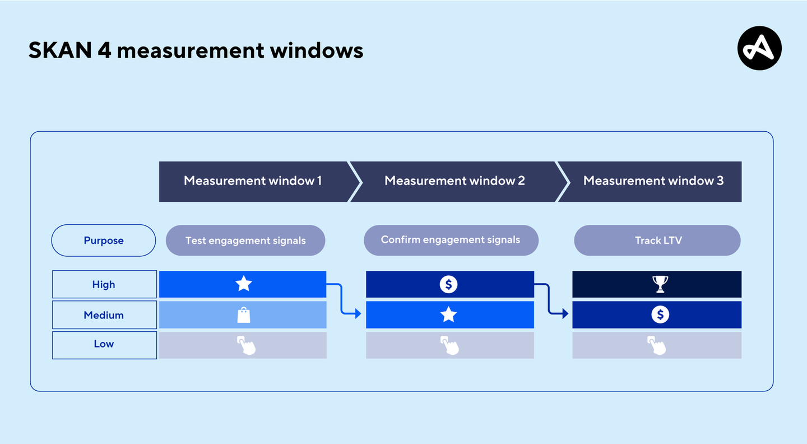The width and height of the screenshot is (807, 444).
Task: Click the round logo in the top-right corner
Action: (759, 48)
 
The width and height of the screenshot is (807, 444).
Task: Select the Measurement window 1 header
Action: (253, 181)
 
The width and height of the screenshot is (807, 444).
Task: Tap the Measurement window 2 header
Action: (454, 181)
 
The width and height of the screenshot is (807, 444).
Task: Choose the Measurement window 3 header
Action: (653, 181)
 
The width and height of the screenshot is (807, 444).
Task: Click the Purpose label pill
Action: (104, 240)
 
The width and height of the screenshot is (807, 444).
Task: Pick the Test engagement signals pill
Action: (245, 240)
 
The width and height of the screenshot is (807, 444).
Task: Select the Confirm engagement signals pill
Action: (451, 240)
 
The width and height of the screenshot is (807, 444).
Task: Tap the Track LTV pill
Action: (658, 240)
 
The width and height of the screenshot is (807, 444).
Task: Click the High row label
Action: (104, 285)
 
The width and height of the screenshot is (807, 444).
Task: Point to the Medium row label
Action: (104, 315)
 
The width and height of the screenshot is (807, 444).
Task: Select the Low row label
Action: (104, 344)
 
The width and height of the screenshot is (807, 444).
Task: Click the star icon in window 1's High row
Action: (243, 284)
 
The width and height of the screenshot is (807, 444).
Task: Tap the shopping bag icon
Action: (244, 314)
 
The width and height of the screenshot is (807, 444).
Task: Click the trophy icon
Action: (660, 284)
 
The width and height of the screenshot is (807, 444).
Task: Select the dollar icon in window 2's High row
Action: (448, 284)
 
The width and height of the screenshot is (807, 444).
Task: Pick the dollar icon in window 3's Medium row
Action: (660, 314)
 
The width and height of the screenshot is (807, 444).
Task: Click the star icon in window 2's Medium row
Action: (448, 314)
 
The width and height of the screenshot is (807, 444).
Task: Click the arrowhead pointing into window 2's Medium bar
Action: (358, 314)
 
